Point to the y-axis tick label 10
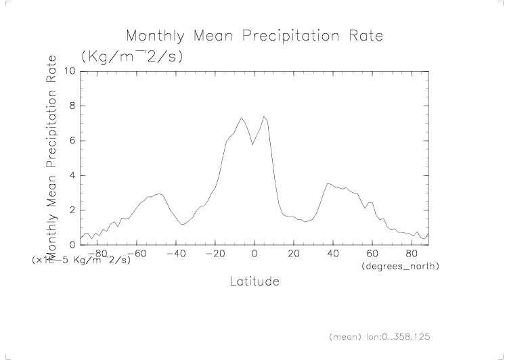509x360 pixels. (x=69, y=71)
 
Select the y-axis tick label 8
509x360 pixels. (x=72, y=106)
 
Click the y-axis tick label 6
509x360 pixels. (x=72, y=141)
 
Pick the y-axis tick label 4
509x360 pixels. (x=72, y=175)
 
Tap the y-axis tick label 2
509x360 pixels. (x=72, y=210)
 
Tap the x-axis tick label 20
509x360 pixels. (x=294, y=254)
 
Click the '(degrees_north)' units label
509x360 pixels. (x=401, y=267)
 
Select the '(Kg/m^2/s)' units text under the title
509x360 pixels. (x=131, y=56)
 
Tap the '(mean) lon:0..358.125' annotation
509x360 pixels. (x=380, y=336)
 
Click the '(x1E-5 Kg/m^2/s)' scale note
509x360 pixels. (x=81, y=261)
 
